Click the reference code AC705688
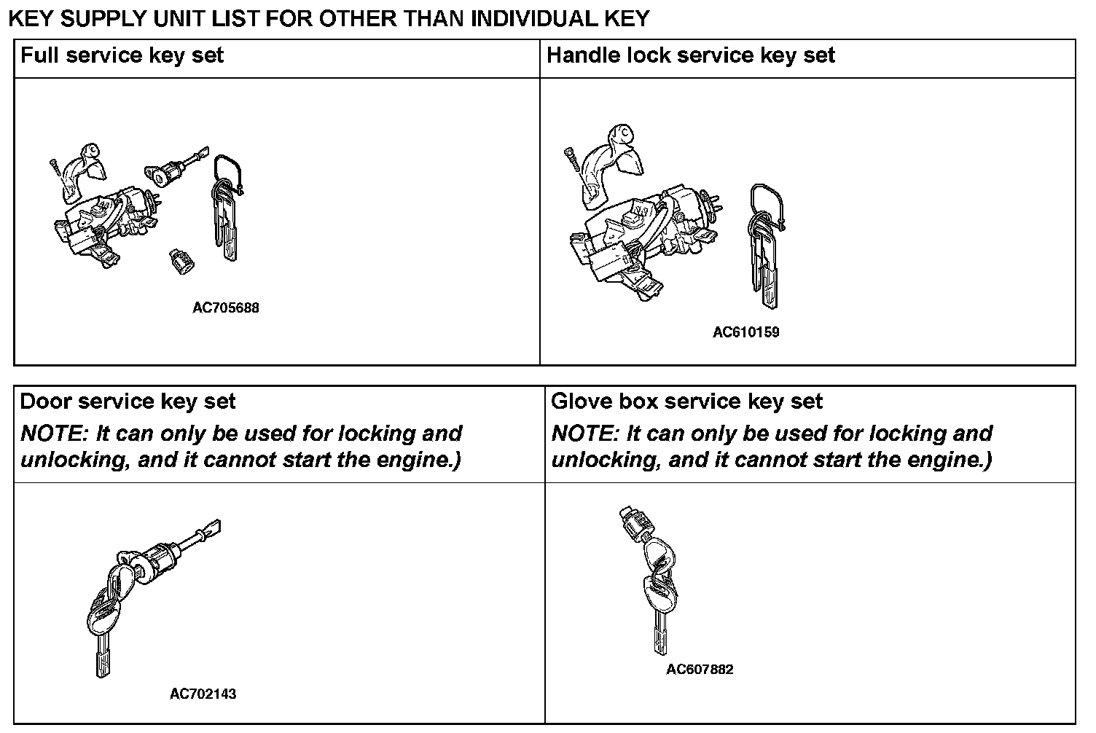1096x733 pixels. (x=225, y=307)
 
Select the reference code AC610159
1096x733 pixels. (x=745, y=332)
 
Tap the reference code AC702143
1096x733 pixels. (x=203, y=694)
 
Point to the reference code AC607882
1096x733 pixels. (x=700, y=669)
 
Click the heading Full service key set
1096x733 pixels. (x=122, y=55)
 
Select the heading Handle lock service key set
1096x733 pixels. (x=690, y=55)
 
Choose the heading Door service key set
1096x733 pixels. (x=128, y=401)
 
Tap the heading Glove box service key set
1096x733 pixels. (x=686, y=401)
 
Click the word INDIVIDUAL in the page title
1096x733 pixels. (x=541, y=18)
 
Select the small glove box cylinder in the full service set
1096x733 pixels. (x=180, y=260)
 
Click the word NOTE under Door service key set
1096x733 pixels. (x=52, y=434)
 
